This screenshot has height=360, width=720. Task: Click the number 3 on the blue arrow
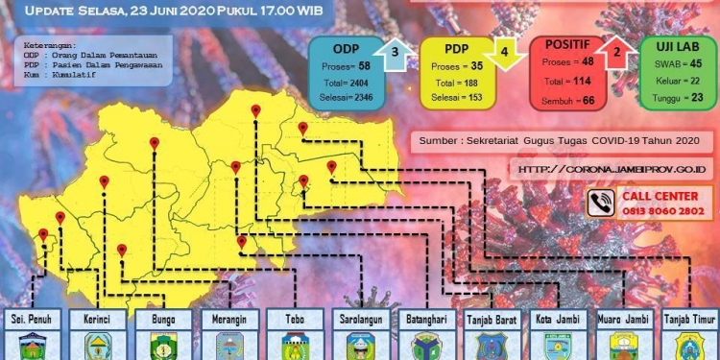[x=394, y=52]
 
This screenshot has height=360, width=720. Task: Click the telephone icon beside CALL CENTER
[x=602, y=202]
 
